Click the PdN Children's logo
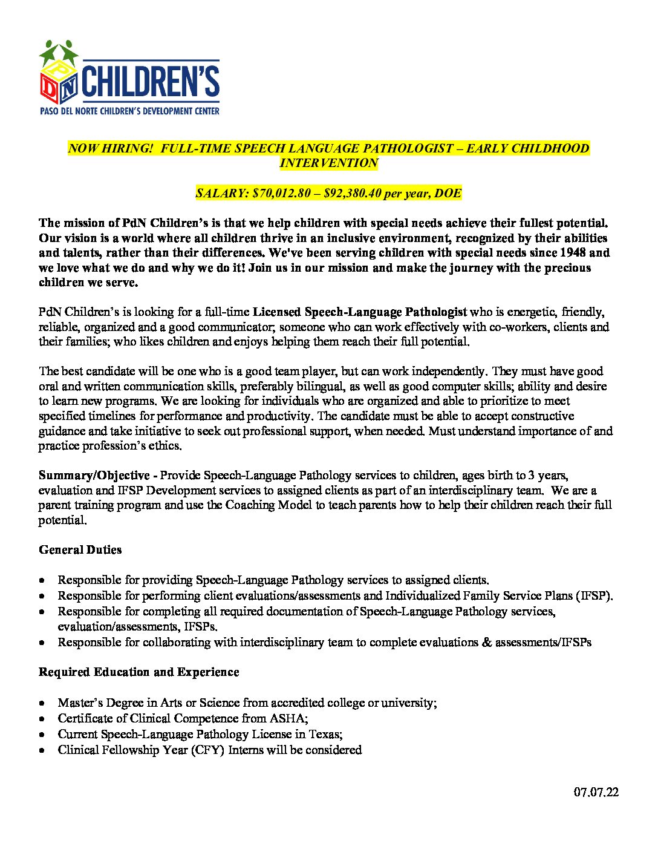(x=129, y=77)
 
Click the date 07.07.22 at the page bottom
(x=596, y=792)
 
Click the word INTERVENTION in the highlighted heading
(x=328, y=163)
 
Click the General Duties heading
(x=80, y=550)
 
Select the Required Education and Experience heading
(x=138, y=672)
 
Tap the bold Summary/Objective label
(x=94, y=476)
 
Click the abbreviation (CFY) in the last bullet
(x=208, y=750)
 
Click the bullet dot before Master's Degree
(x=41, y=704)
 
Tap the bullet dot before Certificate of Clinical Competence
(x=41, y=719)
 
